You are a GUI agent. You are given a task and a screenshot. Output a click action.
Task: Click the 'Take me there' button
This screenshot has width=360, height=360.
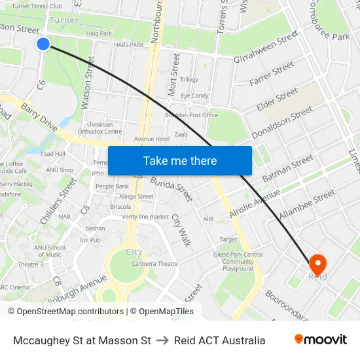click(x=179, y=160)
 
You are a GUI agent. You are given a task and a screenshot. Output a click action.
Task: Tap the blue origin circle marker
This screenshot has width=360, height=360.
click(x=43, y=44)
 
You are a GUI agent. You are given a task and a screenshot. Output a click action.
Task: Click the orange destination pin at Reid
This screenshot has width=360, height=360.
click(x=317, y=264)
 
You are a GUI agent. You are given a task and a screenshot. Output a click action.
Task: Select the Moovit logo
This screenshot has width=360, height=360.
click(x=320, y=339)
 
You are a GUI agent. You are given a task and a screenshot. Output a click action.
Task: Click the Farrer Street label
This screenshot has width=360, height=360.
click(x=272, y=75)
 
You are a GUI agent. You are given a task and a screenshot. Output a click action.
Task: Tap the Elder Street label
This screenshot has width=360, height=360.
click(x=277, y=99)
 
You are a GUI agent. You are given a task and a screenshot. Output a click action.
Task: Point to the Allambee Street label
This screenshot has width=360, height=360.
click(x=306, y=205)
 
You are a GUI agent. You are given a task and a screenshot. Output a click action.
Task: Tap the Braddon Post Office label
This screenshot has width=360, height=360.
click(x=191, y=115)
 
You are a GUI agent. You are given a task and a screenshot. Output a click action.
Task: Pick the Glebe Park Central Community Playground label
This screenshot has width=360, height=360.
click(x=238, y=262)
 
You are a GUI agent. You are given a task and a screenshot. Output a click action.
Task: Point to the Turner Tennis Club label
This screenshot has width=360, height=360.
click(x=37, y=6)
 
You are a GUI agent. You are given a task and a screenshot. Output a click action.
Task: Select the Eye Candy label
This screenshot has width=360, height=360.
click(x=194, y=96)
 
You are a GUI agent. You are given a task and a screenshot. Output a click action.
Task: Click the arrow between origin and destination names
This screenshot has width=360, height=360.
click(x=162, y=340)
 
